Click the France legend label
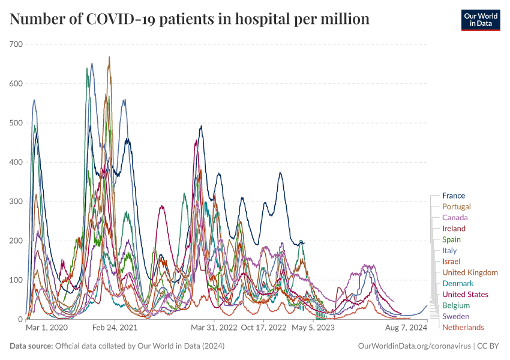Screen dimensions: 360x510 [453, 196]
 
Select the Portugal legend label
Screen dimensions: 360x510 [456, 206]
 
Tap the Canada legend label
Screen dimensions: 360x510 [455, 218]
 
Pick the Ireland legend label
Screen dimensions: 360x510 [454, 229]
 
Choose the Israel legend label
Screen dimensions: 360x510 [451, 262]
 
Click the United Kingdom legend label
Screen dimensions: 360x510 [470, 272]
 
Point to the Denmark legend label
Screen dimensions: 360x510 [458, 283]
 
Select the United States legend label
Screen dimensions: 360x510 [465, 294]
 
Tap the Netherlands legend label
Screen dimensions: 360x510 [463, 327]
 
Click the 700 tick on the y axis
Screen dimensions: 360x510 [16, 44]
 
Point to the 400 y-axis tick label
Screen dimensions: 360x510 [16, 162]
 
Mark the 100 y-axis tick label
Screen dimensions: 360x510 [16, 280]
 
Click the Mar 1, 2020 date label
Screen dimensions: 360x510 [47, 328]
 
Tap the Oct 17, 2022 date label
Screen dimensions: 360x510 [263, 328]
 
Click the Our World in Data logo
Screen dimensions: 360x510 [480, 20]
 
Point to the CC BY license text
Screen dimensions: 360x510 [488, 346]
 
